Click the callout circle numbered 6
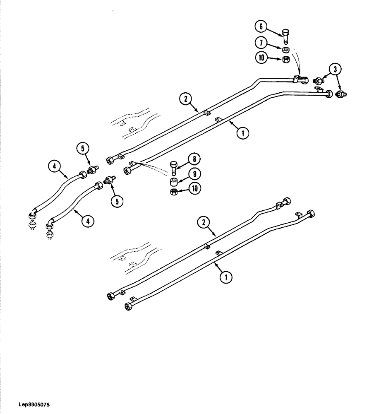[261, 27]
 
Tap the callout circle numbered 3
[336, 69]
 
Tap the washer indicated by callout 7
[285, 51]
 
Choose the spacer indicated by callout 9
[174, 181]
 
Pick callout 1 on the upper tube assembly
[243, 133]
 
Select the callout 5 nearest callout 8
[117, 201]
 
